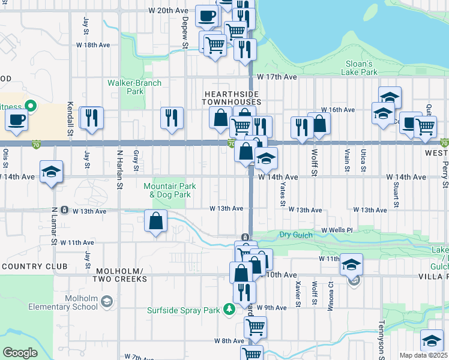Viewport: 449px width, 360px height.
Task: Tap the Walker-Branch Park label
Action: tap(126, 87)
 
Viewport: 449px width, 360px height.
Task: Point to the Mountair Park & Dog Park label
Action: tap(167, 190)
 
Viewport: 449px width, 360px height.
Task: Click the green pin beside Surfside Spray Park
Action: tap(228, 310)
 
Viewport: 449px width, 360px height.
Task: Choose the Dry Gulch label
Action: tap(297, 235)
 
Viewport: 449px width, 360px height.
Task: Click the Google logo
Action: tap(20, 352)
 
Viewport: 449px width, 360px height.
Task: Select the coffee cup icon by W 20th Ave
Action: tap(207, 16)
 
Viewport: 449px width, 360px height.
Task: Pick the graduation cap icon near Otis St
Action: tap(51, 172)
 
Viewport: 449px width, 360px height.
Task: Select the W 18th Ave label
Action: tap(92, 45)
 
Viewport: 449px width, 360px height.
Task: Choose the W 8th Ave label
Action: tap(229, 340)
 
